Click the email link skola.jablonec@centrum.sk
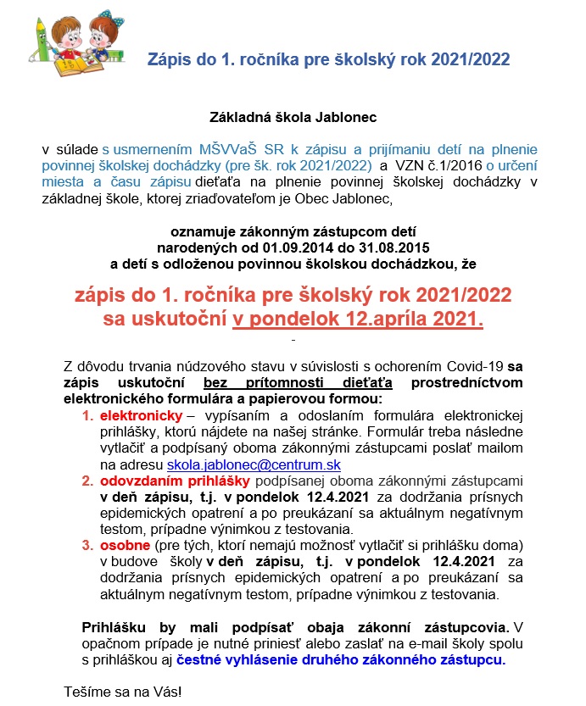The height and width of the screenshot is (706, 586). click(254, 465)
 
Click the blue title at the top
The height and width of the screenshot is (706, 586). click(329, 61)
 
